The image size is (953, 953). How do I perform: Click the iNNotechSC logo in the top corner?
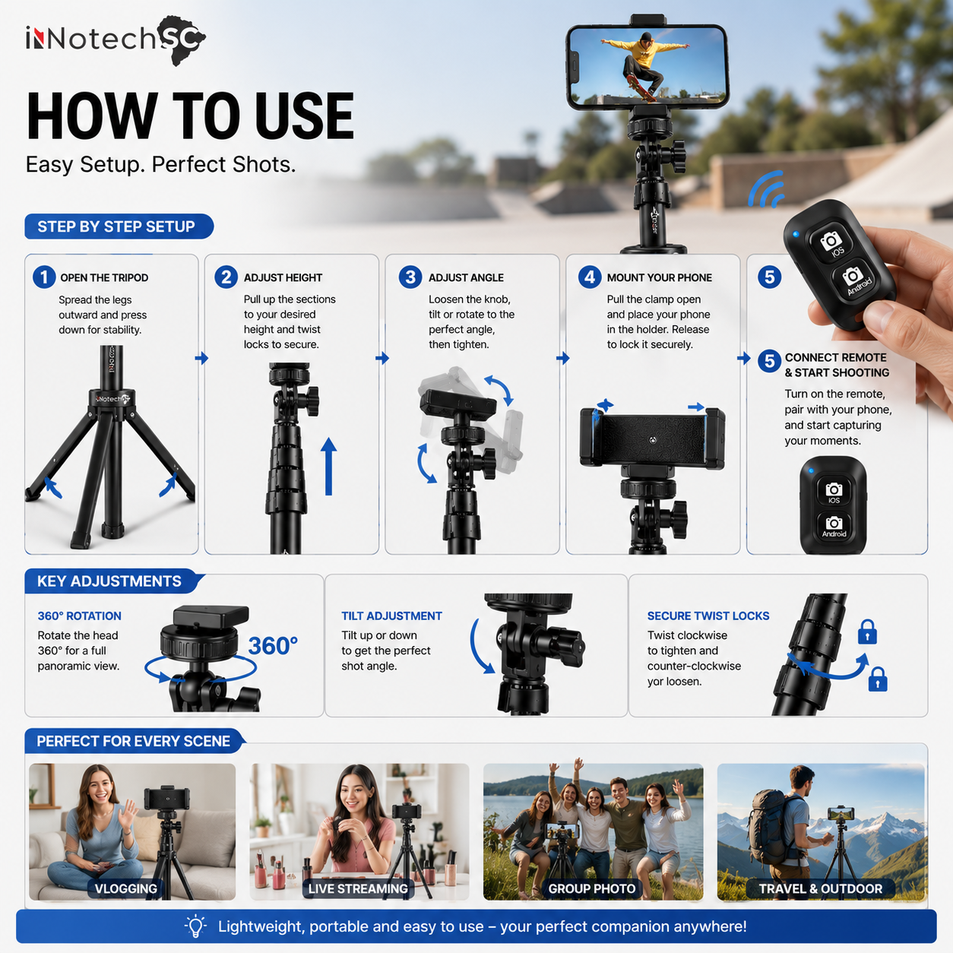coord(116,40)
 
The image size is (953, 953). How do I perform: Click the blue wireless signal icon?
coord(767,190)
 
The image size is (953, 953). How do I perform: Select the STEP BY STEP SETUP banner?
coord(119,226)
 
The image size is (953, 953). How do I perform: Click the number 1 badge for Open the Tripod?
coord(44,277)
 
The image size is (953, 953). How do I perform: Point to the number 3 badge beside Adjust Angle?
coord(410,277)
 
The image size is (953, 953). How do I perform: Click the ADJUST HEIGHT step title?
coord(283,278)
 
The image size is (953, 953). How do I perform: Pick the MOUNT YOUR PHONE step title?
coord(659,278)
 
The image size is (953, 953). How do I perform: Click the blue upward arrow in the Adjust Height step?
coord(328,467)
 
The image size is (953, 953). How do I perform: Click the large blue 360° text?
coord(273,646)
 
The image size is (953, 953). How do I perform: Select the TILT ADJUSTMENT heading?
coord(391,616)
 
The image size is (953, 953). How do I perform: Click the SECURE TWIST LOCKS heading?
coord(708,616)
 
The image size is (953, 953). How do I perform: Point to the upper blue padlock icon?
coord(867,632)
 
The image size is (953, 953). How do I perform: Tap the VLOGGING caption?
coord(125,888)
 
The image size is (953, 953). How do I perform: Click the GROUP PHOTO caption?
coord(592,888)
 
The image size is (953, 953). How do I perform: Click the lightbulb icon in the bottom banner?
coord(195,926)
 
